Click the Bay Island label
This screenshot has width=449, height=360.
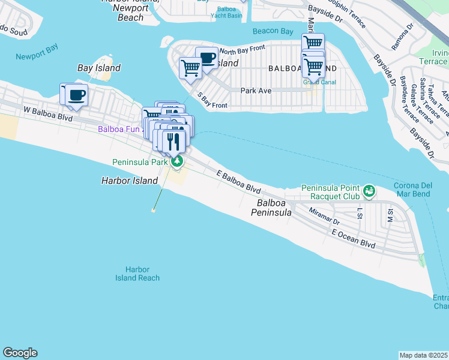[x=99, y=68]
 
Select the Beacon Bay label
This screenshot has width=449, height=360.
[x=273, y=31]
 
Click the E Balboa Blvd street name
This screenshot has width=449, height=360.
[x=238, y=181]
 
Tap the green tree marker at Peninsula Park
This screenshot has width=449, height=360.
[x=176, y=161]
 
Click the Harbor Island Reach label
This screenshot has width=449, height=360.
[x=137, y=274]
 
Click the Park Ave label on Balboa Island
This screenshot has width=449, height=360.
[x=256, y=91]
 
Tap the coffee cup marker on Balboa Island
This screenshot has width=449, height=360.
[x=207, y=59]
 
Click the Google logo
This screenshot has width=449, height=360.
[x=20, y=353]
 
